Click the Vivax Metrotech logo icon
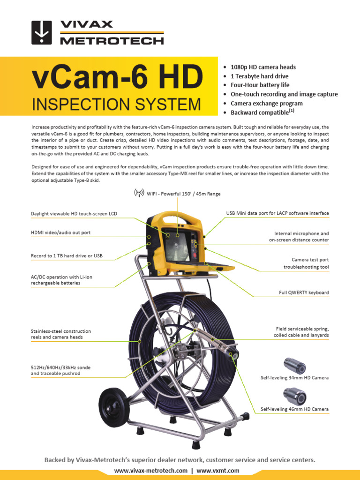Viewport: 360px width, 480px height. click(41, 32)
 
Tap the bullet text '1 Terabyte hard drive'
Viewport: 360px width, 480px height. click(259, 76)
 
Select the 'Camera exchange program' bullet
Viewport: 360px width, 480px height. click(266, 103)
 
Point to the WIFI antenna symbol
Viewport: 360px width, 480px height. click(139, 193)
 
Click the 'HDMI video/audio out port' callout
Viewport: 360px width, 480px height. click(61, 232)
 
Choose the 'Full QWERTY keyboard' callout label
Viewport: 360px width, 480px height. click(304, 292)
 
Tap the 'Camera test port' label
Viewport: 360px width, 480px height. click(310, 259)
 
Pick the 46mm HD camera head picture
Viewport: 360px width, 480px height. click(294, 397)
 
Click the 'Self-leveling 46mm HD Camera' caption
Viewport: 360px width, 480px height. click(294, 409)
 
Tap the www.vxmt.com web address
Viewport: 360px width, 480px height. click(218, 471)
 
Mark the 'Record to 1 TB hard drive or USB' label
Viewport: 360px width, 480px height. click(67, 256)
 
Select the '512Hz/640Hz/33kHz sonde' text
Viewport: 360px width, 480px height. click(60, 367)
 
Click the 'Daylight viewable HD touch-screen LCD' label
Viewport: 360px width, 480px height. click(74, 214)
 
